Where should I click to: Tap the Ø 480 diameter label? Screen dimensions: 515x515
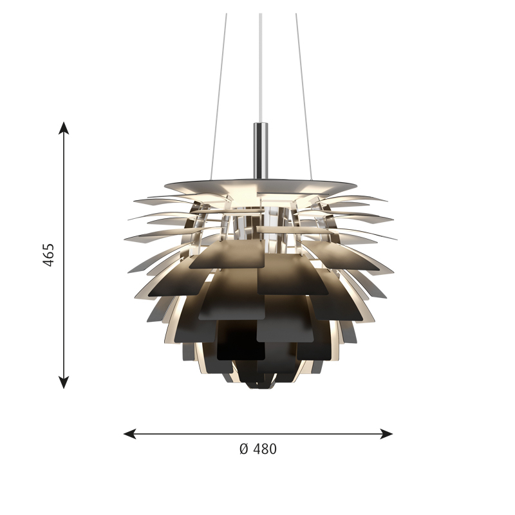[257, 449]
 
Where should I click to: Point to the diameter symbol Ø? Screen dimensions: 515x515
[243, 449]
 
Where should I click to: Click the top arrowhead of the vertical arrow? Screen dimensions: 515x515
[63, 127]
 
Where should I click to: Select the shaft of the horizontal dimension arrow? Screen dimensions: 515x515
[257, 433]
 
